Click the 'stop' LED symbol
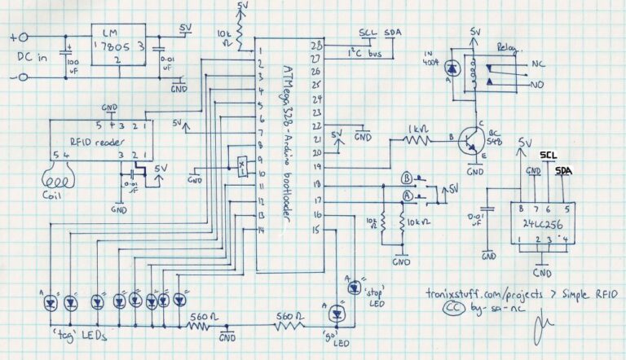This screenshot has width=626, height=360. (x=353, y=285)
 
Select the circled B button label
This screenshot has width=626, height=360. (x=406, y=177)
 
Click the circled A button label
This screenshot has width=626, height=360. (x=406, y=195)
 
